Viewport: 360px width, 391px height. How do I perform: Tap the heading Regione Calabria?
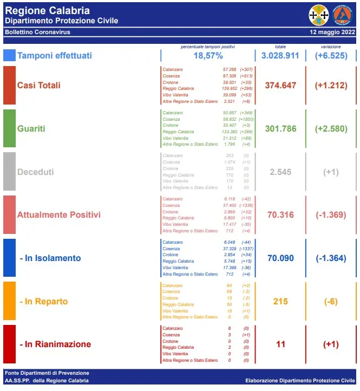pos(47,10)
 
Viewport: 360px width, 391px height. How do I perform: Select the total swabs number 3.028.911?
pos(280,56)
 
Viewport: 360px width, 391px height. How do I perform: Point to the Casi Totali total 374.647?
pos(280,85)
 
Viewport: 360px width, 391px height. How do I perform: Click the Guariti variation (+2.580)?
pos(331,129)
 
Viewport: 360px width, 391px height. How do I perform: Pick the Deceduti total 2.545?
pos(280,172)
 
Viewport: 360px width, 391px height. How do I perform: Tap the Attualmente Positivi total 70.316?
pos(280,215)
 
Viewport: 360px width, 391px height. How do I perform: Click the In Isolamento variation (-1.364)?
pos(331,258)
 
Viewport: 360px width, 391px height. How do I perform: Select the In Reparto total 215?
pos(280,301)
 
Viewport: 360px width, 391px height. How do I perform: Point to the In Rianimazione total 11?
pos(280,344)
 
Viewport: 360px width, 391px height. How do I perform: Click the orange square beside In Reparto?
pos(9,301)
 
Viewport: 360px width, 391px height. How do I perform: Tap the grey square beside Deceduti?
pos(9,172)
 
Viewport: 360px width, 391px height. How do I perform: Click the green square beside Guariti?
pos(9,128)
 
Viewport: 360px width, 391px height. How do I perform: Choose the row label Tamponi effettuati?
pos(55,56)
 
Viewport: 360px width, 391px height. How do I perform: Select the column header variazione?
pos(331,47)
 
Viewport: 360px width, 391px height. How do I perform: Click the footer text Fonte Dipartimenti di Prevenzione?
pos(47,373)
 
